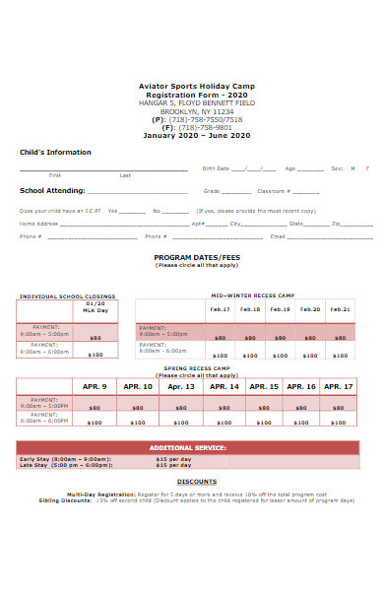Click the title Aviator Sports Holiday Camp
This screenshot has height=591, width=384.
pyautogui.click(x=197, y=86)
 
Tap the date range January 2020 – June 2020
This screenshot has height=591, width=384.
pyautogui.click(x=197, y=135)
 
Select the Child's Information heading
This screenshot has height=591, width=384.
pyautogui.click(x=55, y=153)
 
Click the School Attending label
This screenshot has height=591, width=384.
pyautogui.click(x=52, y=191)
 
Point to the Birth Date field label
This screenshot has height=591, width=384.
pyautogui.click(x=216, y=168)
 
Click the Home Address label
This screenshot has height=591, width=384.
pyautogui.click(x=39, y=224)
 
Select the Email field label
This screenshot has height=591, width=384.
pyautogui.click(x=278, y=236)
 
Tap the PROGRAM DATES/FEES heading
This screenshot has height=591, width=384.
pyautogui.click(x=197, y=257)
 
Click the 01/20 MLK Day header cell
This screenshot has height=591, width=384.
pyautogui.click(x=96, y=307)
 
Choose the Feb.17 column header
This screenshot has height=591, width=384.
pyautogui.click(x=220, y=309)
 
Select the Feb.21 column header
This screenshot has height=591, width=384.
pyautogui.click(x=340, y=309)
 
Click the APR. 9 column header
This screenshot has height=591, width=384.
pyautogui.click(x=95, y=387)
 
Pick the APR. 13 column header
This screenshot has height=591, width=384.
pyautogui.click(x=180, y=387)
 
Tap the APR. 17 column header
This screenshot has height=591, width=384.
pyautogui.click(x=338, y=387)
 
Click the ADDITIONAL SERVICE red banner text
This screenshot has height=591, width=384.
pyautogui.click(x=187, y=447)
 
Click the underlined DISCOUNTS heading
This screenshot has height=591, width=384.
pyautogui.click(x=197, y=482)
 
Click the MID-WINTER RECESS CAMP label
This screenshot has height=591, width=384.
pyautogui.click(x=252, y=295)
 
